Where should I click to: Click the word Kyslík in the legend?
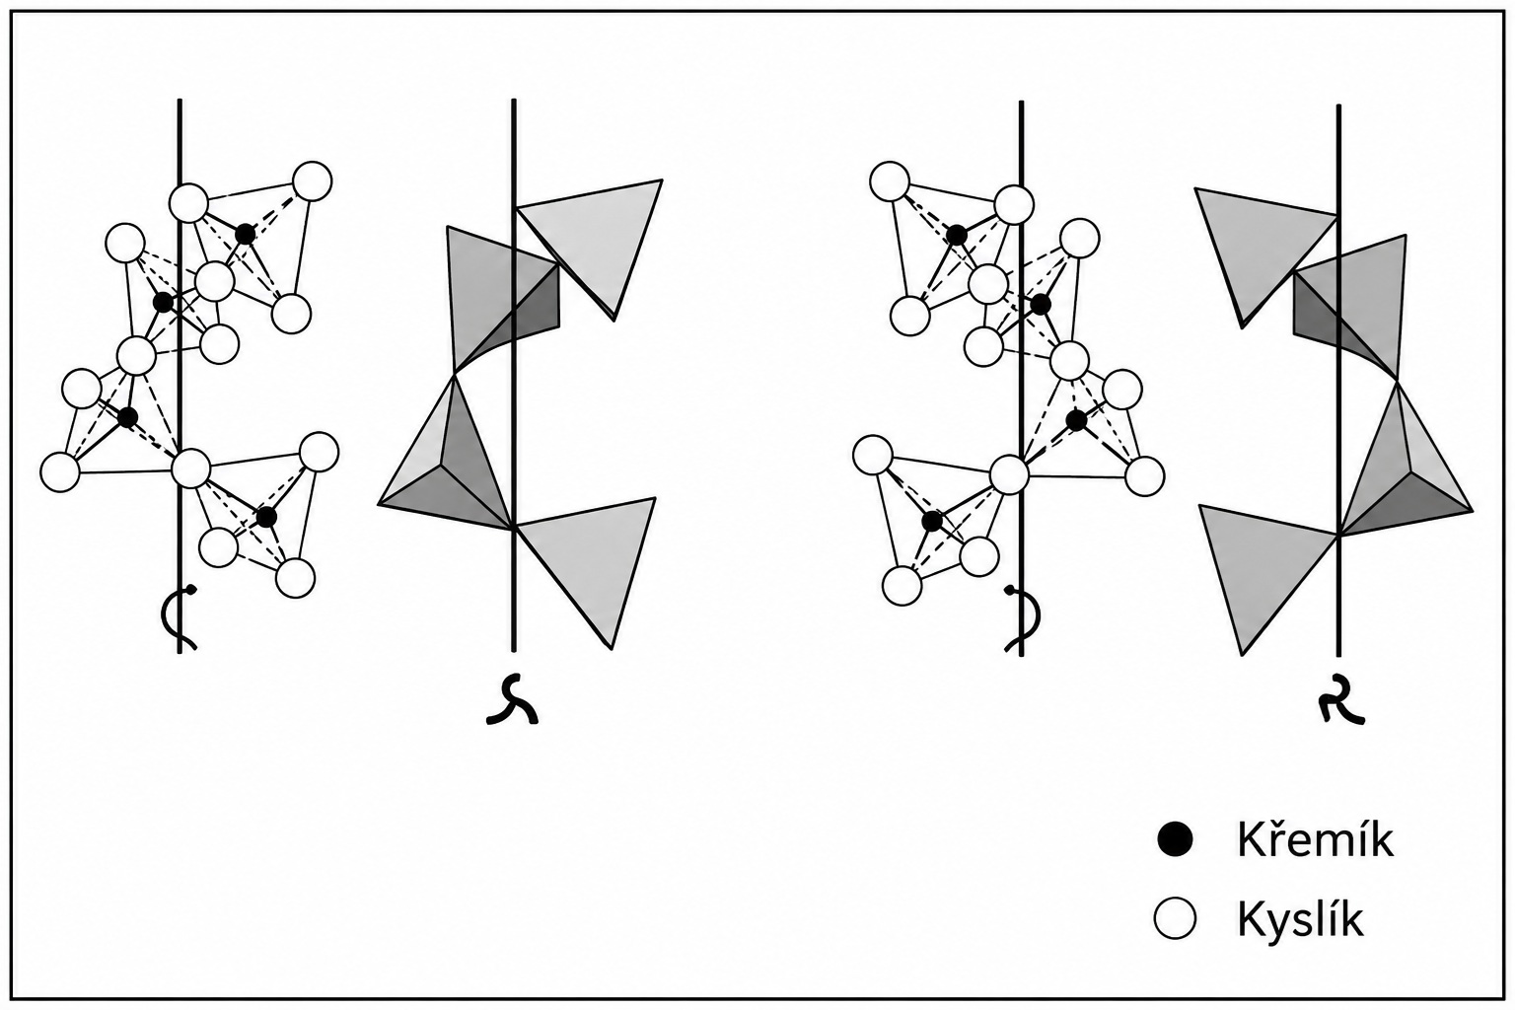[x=1301, y=919]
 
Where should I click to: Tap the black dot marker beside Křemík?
[x=1175, y=839]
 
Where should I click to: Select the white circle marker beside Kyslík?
[x=1175, y=918]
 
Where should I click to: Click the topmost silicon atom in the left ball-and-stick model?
[x=245, y=235]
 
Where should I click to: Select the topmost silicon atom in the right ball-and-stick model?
[x=956, y=236]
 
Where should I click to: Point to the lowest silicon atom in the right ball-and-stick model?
[x=932, y=522]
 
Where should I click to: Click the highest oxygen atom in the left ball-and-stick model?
[x=312, y=181]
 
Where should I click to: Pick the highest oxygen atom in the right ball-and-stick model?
[x=890, y=181]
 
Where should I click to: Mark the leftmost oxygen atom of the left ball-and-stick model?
[x=60, y=471]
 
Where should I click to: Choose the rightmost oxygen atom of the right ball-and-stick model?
[x=1144, y=476]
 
